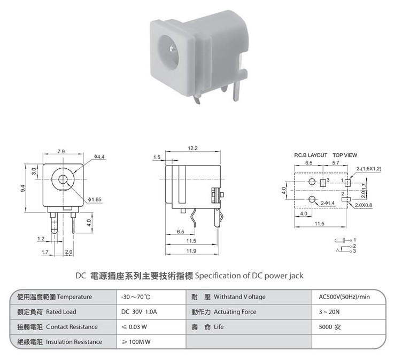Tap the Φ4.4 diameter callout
coord(100,156)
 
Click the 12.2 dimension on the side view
coord(193,147)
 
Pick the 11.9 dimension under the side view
coord(191,251)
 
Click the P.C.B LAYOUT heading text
coord(311,155)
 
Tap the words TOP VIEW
coord(345,155)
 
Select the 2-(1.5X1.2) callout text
coord(369,168)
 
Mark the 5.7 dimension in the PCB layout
coord(336,162)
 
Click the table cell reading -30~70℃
coord(136,297)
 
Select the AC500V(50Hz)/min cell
coord(344,297)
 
